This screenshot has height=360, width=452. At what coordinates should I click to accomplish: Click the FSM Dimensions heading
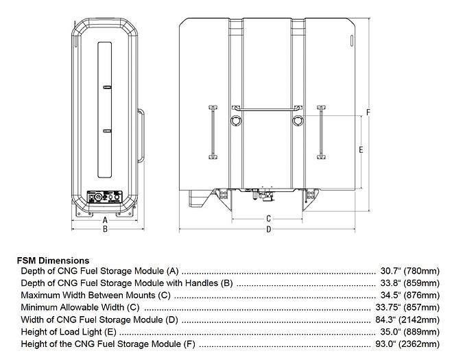53,261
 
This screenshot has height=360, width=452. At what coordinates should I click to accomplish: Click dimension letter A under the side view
105,219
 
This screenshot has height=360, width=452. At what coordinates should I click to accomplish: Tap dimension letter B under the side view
105,229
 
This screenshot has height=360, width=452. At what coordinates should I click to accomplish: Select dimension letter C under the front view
269,219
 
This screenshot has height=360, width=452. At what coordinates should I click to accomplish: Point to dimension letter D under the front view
269,229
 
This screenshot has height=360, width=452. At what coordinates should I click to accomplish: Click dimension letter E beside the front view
361,149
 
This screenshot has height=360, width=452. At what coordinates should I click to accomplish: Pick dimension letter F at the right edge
368,112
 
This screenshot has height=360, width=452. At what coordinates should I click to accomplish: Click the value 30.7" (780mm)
409,271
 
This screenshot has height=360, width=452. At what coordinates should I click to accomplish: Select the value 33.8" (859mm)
409,283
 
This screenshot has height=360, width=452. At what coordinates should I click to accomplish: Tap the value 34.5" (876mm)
409,296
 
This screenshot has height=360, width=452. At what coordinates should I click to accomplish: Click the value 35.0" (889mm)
409,332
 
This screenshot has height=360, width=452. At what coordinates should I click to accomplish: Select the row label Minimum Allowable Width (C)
80,307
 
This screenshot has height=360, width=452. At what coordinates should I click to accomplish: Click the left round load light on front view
237,121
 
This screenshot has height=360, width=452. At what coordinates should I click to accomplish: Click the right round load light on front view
298,121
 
